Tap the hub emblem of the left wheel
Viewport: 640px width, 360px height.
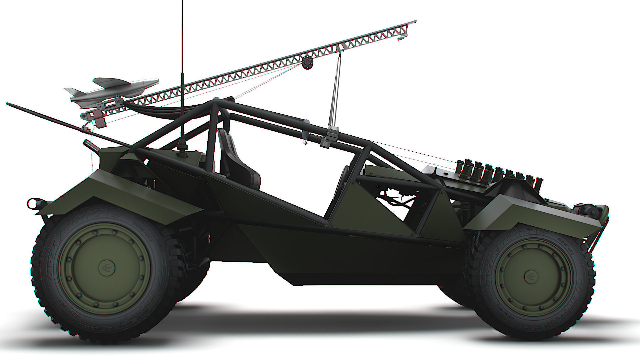tap(105, 267)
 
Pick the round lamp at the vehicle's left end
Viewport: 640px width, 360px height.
tap(33, 202)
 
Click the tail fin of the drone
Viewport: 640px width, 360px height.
tap(72, 91)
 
